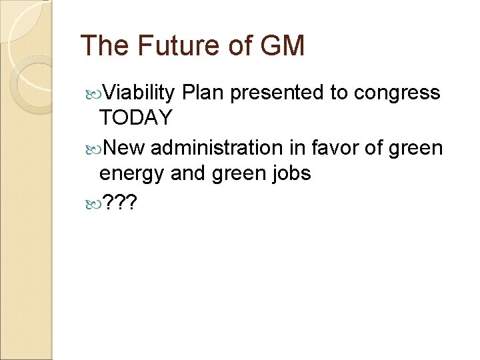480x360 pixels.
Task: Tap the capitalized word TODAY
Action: coord(135,119)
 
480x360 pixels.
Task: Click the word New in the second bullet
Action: coord(125,147)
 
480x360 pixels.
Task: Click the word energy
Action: coord(132,173)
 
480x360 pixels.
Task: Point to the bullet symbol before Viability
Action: coord(91,93)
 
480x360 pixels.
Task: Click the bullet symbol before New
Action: coord(91,147)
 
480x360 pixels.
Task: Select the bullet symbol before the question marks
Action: coord(91,202)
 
